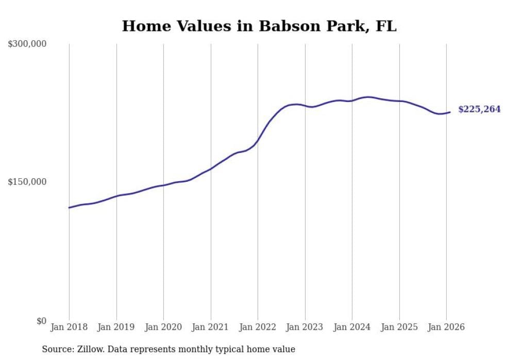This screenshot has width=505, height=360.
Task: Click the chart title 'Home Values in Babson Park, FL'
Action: coord(259,26)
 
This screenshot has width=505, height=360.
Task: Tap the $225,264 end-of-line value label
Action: coord(479,109)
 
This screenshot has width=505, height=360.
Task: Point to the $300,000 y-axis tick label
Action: coord(27,44)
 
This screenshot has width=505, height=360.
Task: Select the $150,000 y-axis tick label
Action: coord(27,182)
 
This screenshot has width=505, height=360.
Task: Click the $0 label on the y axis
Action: coord(41,321)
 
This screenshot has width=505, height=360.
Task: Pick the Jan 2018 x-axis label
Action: coord(69,327)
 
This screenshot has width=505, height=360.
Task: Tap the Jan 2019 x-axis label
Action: coord(116,327)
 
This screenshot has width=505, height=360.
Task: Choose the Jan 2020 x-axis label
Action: coord(163,327)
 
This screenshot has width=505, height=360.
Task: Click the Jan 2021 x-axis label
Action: coord(211,327)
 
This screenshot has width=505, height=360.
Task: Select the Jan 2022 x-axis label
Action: coord(258,327)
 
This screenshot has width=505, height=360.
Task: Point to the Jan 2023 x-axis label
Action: coord(305,327)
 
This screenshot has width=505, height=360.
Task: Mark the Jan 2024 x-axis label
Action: coord(352,327)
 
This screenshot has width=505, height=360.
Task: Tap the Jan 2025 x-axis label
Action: coord(399,327)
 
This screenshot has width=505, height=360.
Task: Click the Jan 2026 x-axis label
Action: coord(446,327)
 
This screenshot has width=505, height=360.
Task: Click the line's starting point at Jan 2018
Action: coord(69,208)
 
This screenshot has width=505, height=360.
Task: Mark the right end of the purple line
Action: coord(450,112)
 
